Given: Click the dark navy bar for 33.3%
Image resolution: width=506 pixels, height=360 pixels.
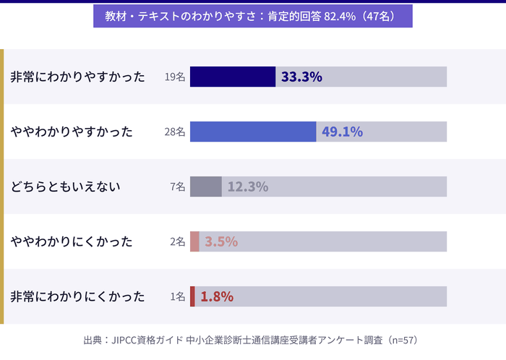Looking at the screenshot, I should click(x=232, y=77).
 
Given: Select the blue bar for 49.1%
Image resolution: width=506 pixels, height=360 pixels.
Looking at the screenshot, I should click(x=253, y=132).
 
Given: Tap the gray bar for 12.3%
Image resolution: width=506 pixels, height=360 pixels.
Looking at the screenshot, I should click(x=206, y=187).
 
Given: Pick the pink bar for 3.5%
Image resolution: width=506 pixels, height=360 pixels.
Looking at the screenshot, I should click(x=194, y=241).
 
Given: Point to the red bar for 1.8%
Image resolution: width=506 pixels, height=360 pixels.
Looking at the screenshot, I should click(x=192, y=296).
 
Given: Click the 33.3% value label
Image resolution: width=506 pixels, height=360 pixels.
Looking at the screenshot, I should click(x=301, y=77).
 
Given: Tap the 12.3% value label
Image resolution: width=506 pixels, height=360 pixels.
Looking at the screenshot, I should click(x=248, y=187).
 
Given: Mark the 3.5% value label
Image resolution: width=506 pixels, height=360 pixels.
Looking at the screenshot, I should click(x=221, y=241).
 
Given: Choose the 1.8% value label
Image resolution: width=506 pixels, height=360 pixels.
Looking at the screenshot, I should click(x=217, y=296).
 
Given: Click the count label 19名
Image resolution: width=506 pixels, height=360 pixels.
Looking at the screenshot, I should click(x=175, y=77).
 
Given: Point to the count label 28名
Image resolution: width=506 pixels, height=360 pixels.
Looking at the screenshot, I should click(x=175, y=132).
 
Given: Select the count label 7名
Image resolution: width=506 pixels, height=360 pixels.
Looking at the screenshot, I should click(x=178, y=187).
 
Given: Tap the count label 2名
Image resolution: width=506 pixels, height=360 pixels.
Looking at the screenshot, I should click(x=178, y=241).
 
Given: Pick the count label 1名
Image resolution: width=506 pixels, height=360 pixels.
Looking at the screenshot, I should click(x=178, y=296).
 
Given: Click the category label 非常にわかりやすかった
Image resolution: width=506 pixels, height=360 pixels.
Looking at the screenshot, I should click(x=77, y=77).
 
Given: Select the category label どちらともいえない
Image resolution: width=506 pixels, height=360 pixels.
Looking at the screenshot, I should click(x=65, y=187).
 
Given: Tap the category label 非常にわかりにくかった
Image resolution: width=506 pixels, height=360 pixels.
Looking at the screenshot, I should click(x=77, y=296).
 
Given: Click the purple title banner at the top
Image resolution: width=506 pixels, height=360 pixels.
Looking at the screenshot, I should click(x=252, y=16).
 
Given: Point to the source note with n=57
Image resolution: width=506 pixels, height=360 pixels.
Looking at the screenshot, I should click(x=252, y=339).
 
